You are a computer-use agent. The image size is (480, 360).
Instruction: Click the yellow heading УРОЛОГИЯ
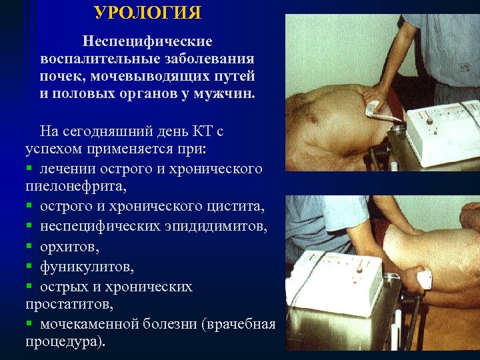pos(147,13)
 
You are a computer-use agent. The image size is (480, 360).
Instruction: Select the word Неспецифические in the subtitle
pos(147,41)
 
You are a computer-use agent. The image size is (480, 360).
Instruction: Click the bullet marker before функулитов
pos(29,267)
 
